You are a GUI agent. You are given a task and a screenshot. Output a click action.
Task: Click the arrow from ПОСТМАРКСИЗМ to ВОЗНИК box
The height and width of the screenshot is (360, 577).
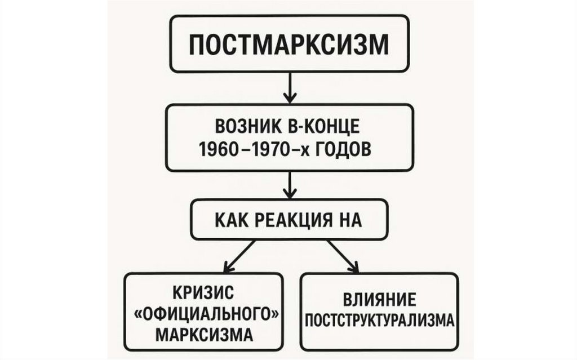pos(289,88)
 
